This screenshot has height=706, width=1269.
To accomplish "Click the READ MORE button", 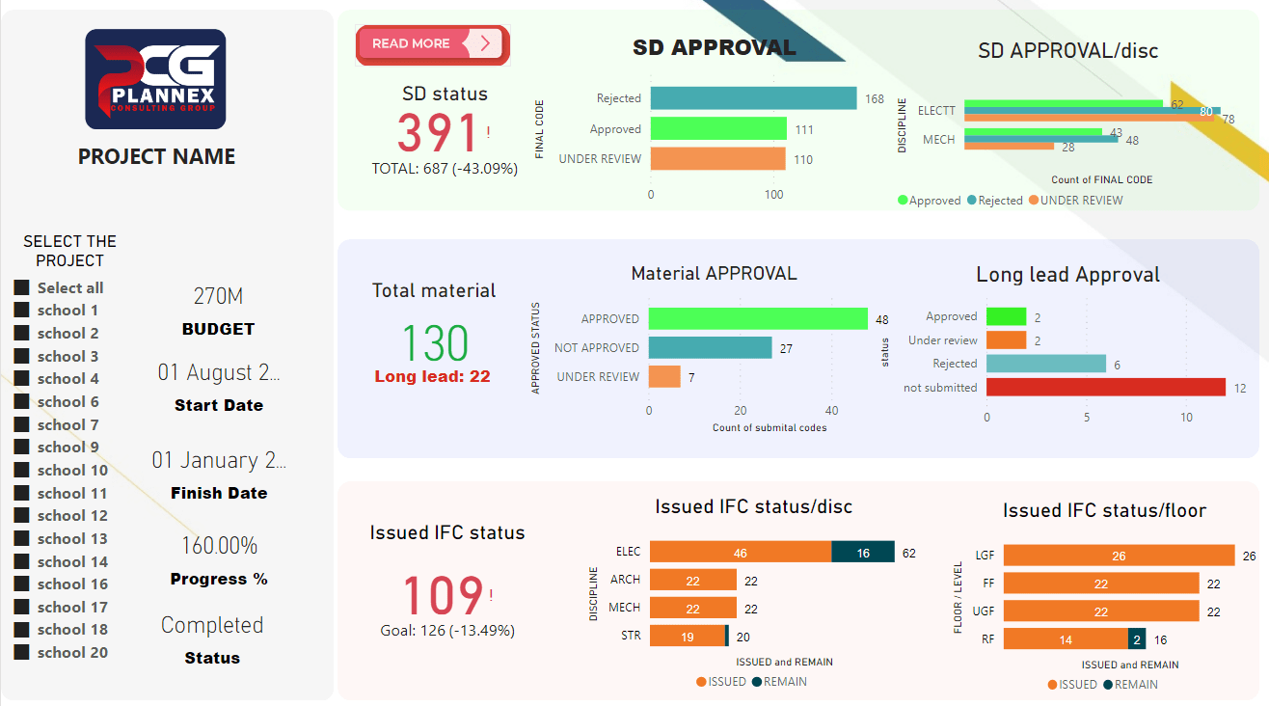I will coord(431,44).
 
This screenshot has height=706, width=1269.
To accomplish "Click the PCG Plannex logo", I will coord(155,79).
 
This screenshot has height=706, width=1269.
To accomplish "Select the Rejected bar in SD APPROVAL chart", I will coord(753,98).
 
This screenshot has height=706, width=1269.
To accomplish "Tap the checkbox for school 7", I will coord(21,425).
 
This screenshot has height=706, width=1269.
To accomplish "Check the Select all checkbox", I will coord(21,288).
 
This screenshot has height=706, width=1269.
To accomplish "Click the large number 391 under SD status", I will coord(438,134).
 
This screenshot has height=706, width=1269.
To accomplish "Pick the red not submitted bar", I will coord(1105,388).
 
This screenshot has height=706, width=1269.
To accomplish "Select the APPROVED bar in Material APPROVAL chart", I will coord(758,319).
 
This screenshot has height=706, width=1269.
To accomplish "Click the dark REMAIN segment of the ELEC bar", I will coord(862,553).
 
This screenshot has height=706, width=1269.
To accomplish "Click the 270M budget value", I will coord(218,296).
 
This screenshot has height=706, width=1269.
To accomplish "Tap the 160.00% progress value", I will coord(219,546).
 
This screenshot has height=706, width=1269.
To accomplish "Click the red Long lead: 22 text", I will coord(432,377).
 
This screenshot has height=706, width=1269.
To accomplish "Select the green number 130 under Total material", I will coord(434,343).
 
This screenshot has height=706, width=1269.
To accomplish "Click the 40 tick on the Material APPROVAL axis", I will coord(832,410).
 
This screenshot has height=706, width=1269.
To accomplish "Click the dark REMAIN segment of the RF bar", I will coord(1137,638).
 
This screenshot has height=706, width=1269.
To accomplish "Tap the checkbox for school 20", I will coord(21,653).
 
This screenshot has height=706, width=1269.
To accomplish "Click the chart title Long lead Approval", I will coord(1067,275).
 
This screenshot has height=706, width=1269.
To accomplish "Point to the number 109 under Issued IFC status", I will coord(442,596).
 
